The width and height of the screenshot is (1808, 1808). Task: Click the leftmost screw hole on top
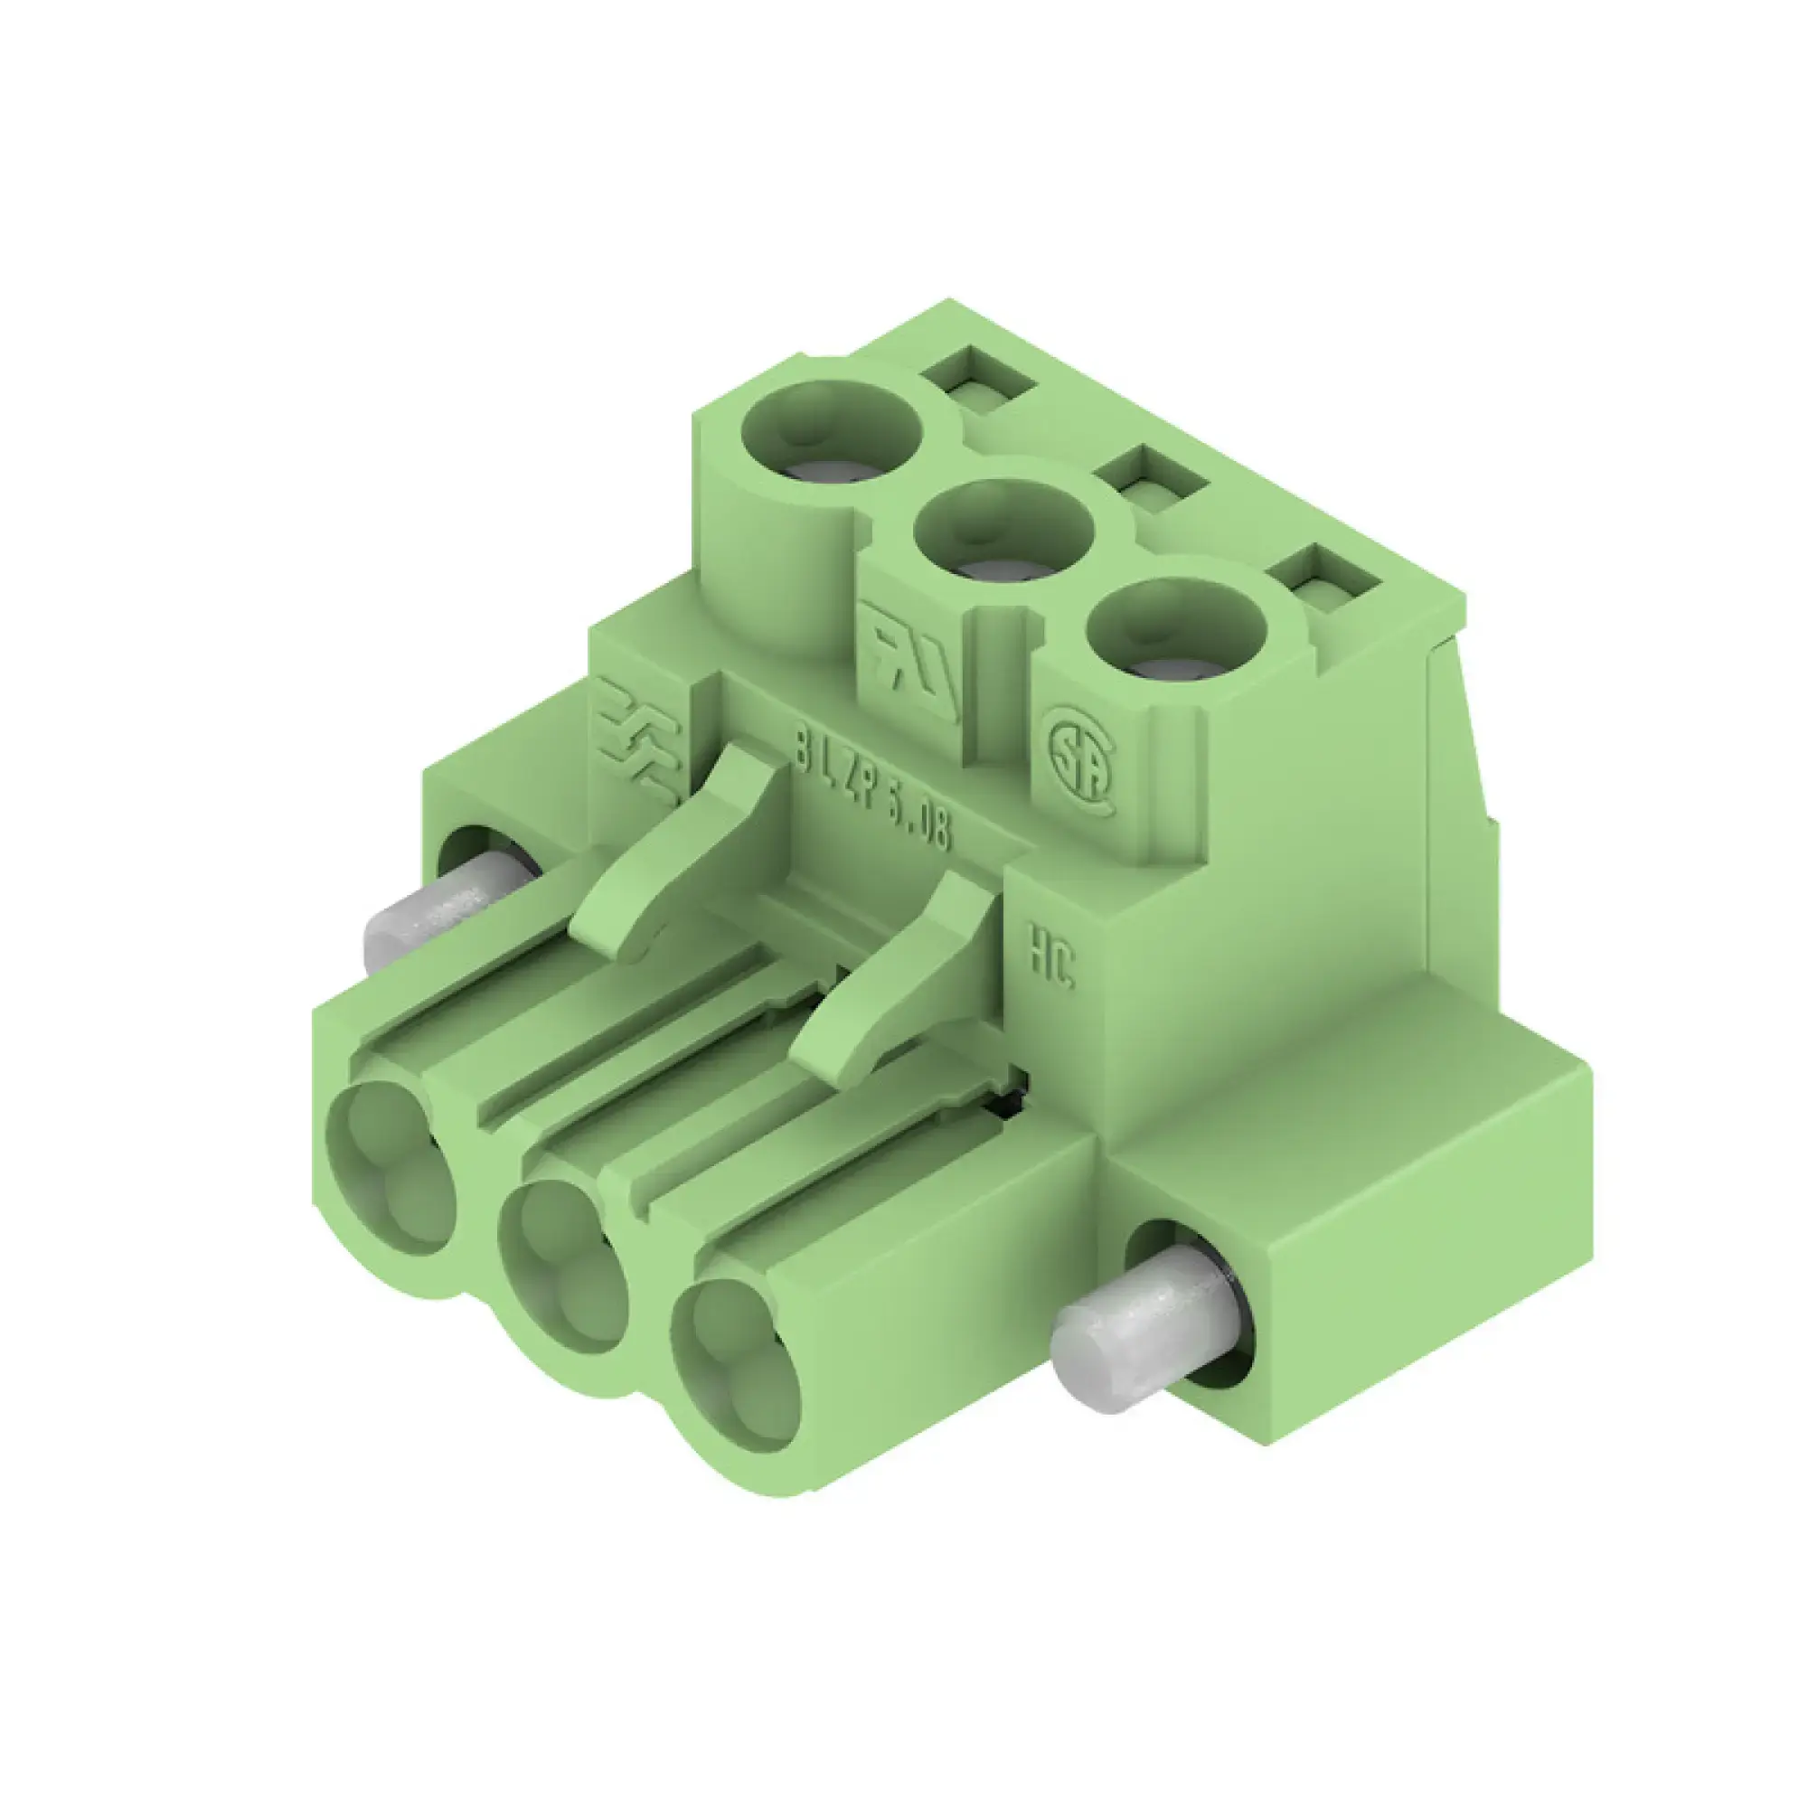click(x=831, y=432)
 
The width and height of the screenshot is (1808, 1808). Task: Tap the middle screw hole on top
click(x=1003, y=530)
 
